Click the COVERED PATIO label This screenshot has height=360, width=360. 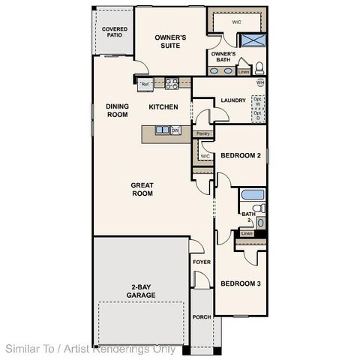click(115, 32)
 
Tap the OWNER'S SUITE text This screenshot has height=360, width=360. click(170, 40)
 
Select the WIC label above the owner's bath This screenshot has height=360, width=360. click(236, 22)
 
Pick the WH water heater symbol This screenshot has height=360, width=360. click(260, 82)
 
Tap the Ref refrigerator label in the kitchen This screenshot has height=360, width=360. click(145, 84)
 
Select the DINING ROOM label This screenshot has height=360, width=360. click(117, 110)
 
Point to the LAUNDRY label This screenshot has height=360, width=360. click(234, 101)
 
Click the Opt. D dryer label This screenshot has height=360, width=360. click(258, 115)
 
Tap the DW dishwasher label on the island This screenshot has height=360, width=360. click(175, 130)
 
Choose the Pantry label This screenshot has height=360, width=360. click(202, 134)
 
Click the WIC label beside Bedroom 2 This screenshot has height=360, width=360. click(205, 156)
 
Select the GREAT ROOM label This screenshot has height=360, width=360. click(142, 189)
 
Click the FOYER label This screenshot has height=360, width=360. click(201, 262)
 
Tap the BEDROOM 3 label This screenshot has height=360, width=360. click(240, 283)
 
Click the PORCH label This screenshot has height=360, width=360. click(202, 316)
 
